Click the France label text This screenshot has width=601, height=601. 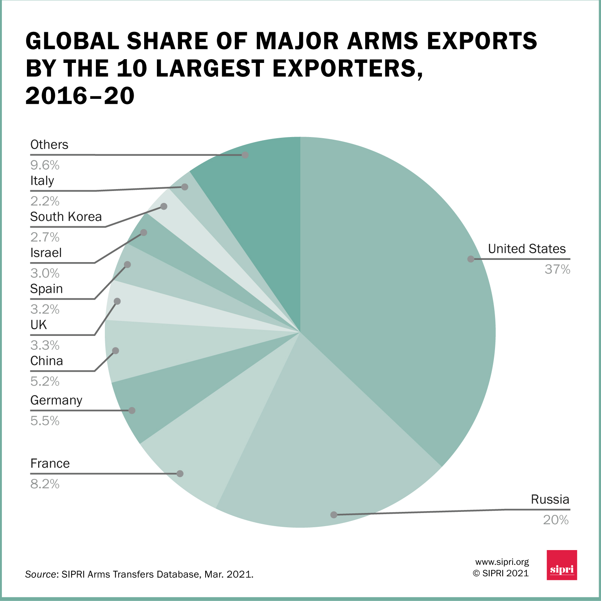pyautogui.click(x=50, y=464)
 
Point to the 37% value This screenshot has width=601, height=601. pyautogui.click(x=557, y=270)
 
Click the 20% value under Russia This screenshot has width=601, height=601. pyautogui.click(x=556, y=520)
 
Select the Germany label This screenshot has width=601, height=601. pyautogui.click(x=56, y=400)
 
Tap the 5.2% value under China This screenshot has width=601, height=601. pyautogui.click(x=45, y=382)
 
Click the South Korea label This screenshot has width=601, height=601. pyautogui.click(x=66, y=217)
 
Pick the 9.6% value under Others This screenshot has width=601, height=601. pyautogui.click(x=45, y=165)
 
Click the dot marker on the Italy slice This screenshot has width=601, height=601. pyautogui.click(x=185, y=187)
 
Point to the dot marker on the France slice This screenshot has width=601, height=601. pyautogui.click(x=180, y=474)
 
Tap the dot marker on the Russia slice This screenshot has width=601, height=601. pyautogui.click(x=334, y=515)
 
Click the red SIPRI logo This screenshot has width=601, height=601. pyautogui.click(x=562, y=565)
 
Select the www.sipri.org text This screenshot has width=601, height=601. pyautogui.click(x=502, y=562)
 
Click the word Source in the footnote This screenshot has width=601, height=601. pyautogui.click(x=40, y=574)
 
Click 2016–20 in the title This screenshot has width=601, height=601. pyautogui.click(x=80, y=96)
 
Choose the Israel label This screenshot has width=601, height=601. pyautogui.click(x=46, y=253)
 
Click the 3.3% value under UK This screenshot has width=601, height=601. pyautogui.click(x=45, y=345)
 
